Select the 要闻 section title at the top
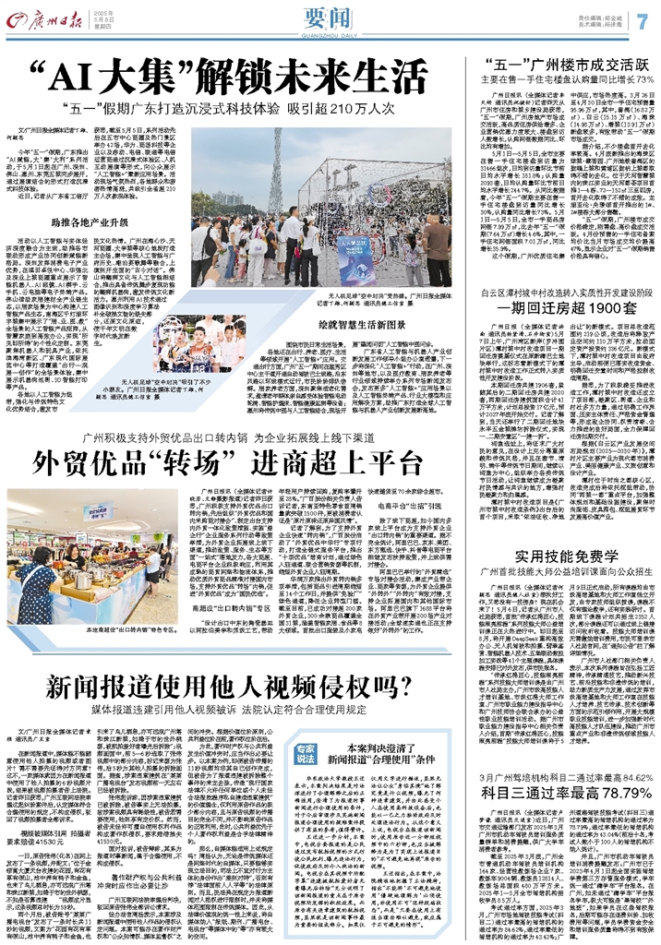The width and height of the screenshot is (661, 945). [x=331, y=19]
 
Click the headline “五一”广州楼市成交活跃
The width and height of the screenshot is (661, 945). [x=566, y=64]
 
